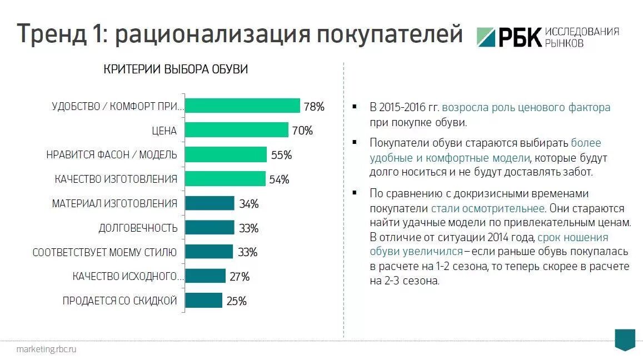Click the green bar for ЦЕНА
click(236, 130)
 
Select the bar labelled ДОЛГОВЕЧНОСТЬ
click(209, 228)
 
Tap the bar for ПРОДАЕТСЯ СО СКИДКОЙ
click(203, 301)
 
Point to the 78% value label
click(313, 106)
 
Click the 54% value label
click(279, 179)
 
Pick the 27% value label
click(239, 277)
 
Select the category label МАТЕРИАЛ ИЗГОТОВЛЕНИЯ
click(114, 203)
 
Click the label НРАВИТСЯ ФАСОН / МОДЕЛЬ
click(112, 155)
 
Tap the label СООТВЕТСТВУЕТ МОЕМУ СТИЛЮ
click(104, 252)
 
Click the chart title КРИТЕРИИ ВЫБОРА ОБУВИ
click(176, 69)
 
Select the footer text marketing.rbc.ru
click(46, 349)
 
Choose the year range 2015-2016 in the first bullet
click(403, 107)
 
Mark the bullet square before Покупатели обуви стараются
click(354, 143)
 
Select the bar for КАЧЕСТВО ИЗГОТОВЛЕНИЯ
click(225, 179)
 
